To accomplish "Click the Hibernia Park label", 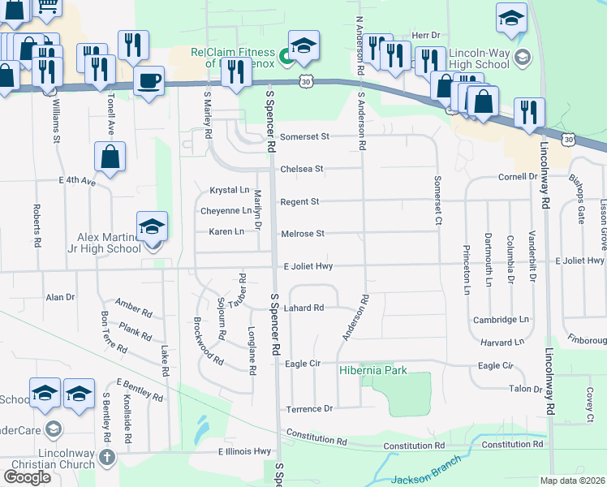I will pos(372,371).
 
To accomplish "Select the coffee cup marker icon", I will pos(149,82).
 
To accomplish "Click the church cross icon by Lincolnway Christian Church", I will pos(106,458).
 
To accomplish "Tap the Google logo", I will pos(27,477).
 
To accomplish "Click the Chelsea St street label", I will pos(301,169).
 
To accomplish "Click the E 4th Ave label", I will pos(77,181).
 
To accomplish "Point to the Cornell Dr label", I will pos(518,176).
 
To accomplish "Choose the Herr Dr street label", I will pos(425,36).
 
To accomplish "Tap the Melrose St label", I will pos(302,234).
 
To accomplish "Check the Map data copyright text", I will pos(572,481).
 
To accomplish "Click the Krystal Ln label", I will pos(230,190).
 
